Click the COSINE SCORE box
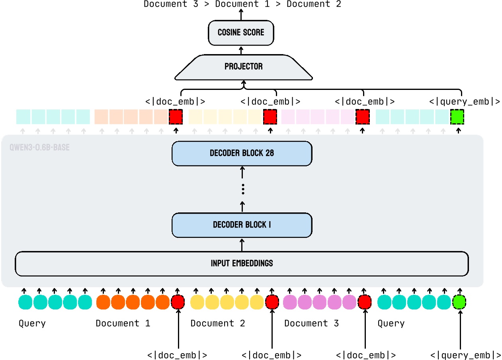[x=241, y=33]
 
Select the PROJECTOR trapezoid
[x=244, y=66]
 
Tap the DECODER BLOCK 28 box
[x=242, y=153]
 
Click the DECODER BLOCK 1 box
[x=242, y=225]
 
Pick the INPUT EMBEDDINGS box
[x=242, y=263]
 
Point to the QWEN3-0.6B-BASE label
[x=39, y=148]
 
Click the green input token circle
[x=459, y=302]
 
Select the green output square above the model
[x=457, y=117]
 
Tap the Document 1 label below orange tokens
[x=123, y=323]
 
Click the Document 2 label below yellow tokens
[x=217, y=323]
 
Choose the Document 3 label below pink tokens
[x=311, y=323]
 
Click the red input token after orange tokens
[x=178, y=302]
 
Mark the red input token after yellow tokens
[x=272, y=302]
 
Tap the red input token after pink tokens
[x=364, y=302]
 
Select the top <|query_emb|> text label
[x=465, y=101]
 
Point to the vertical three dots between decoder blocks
[x=243, y=189]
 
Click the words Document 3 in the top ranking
[x=171, y=4]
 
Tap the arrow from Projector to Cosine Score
[x=241, y=50]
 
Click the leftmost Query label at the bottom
[x=32, y=323]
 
